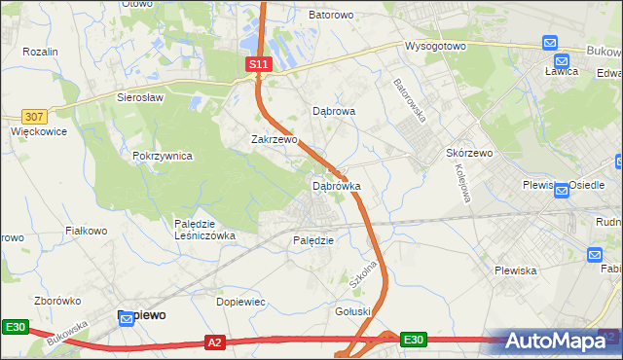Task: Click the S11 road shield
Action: click(x=257, y=64)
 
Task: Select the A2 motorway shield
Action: click(x=216, y=342)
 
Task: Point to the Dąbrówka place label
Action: click(x=337, y=185)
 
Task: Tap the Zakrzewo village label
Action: click(x=274, y=139)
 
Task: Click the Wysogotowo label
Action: click(x=436, y=46)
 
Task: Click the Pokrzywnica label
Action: click(x=163, y=156)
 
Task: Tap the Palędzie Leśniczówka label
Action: click(x=204, y=230)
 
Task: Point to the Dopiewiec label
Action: click(x=240, y=302)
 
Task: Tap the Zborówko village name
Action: click(x=55, y=302)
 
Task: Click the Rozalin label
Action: click(x=41, y=51)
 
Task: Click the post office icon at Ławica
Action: click(x=550, y=45)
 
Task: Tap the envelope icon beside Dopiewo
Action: click(x=127, y=317)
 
